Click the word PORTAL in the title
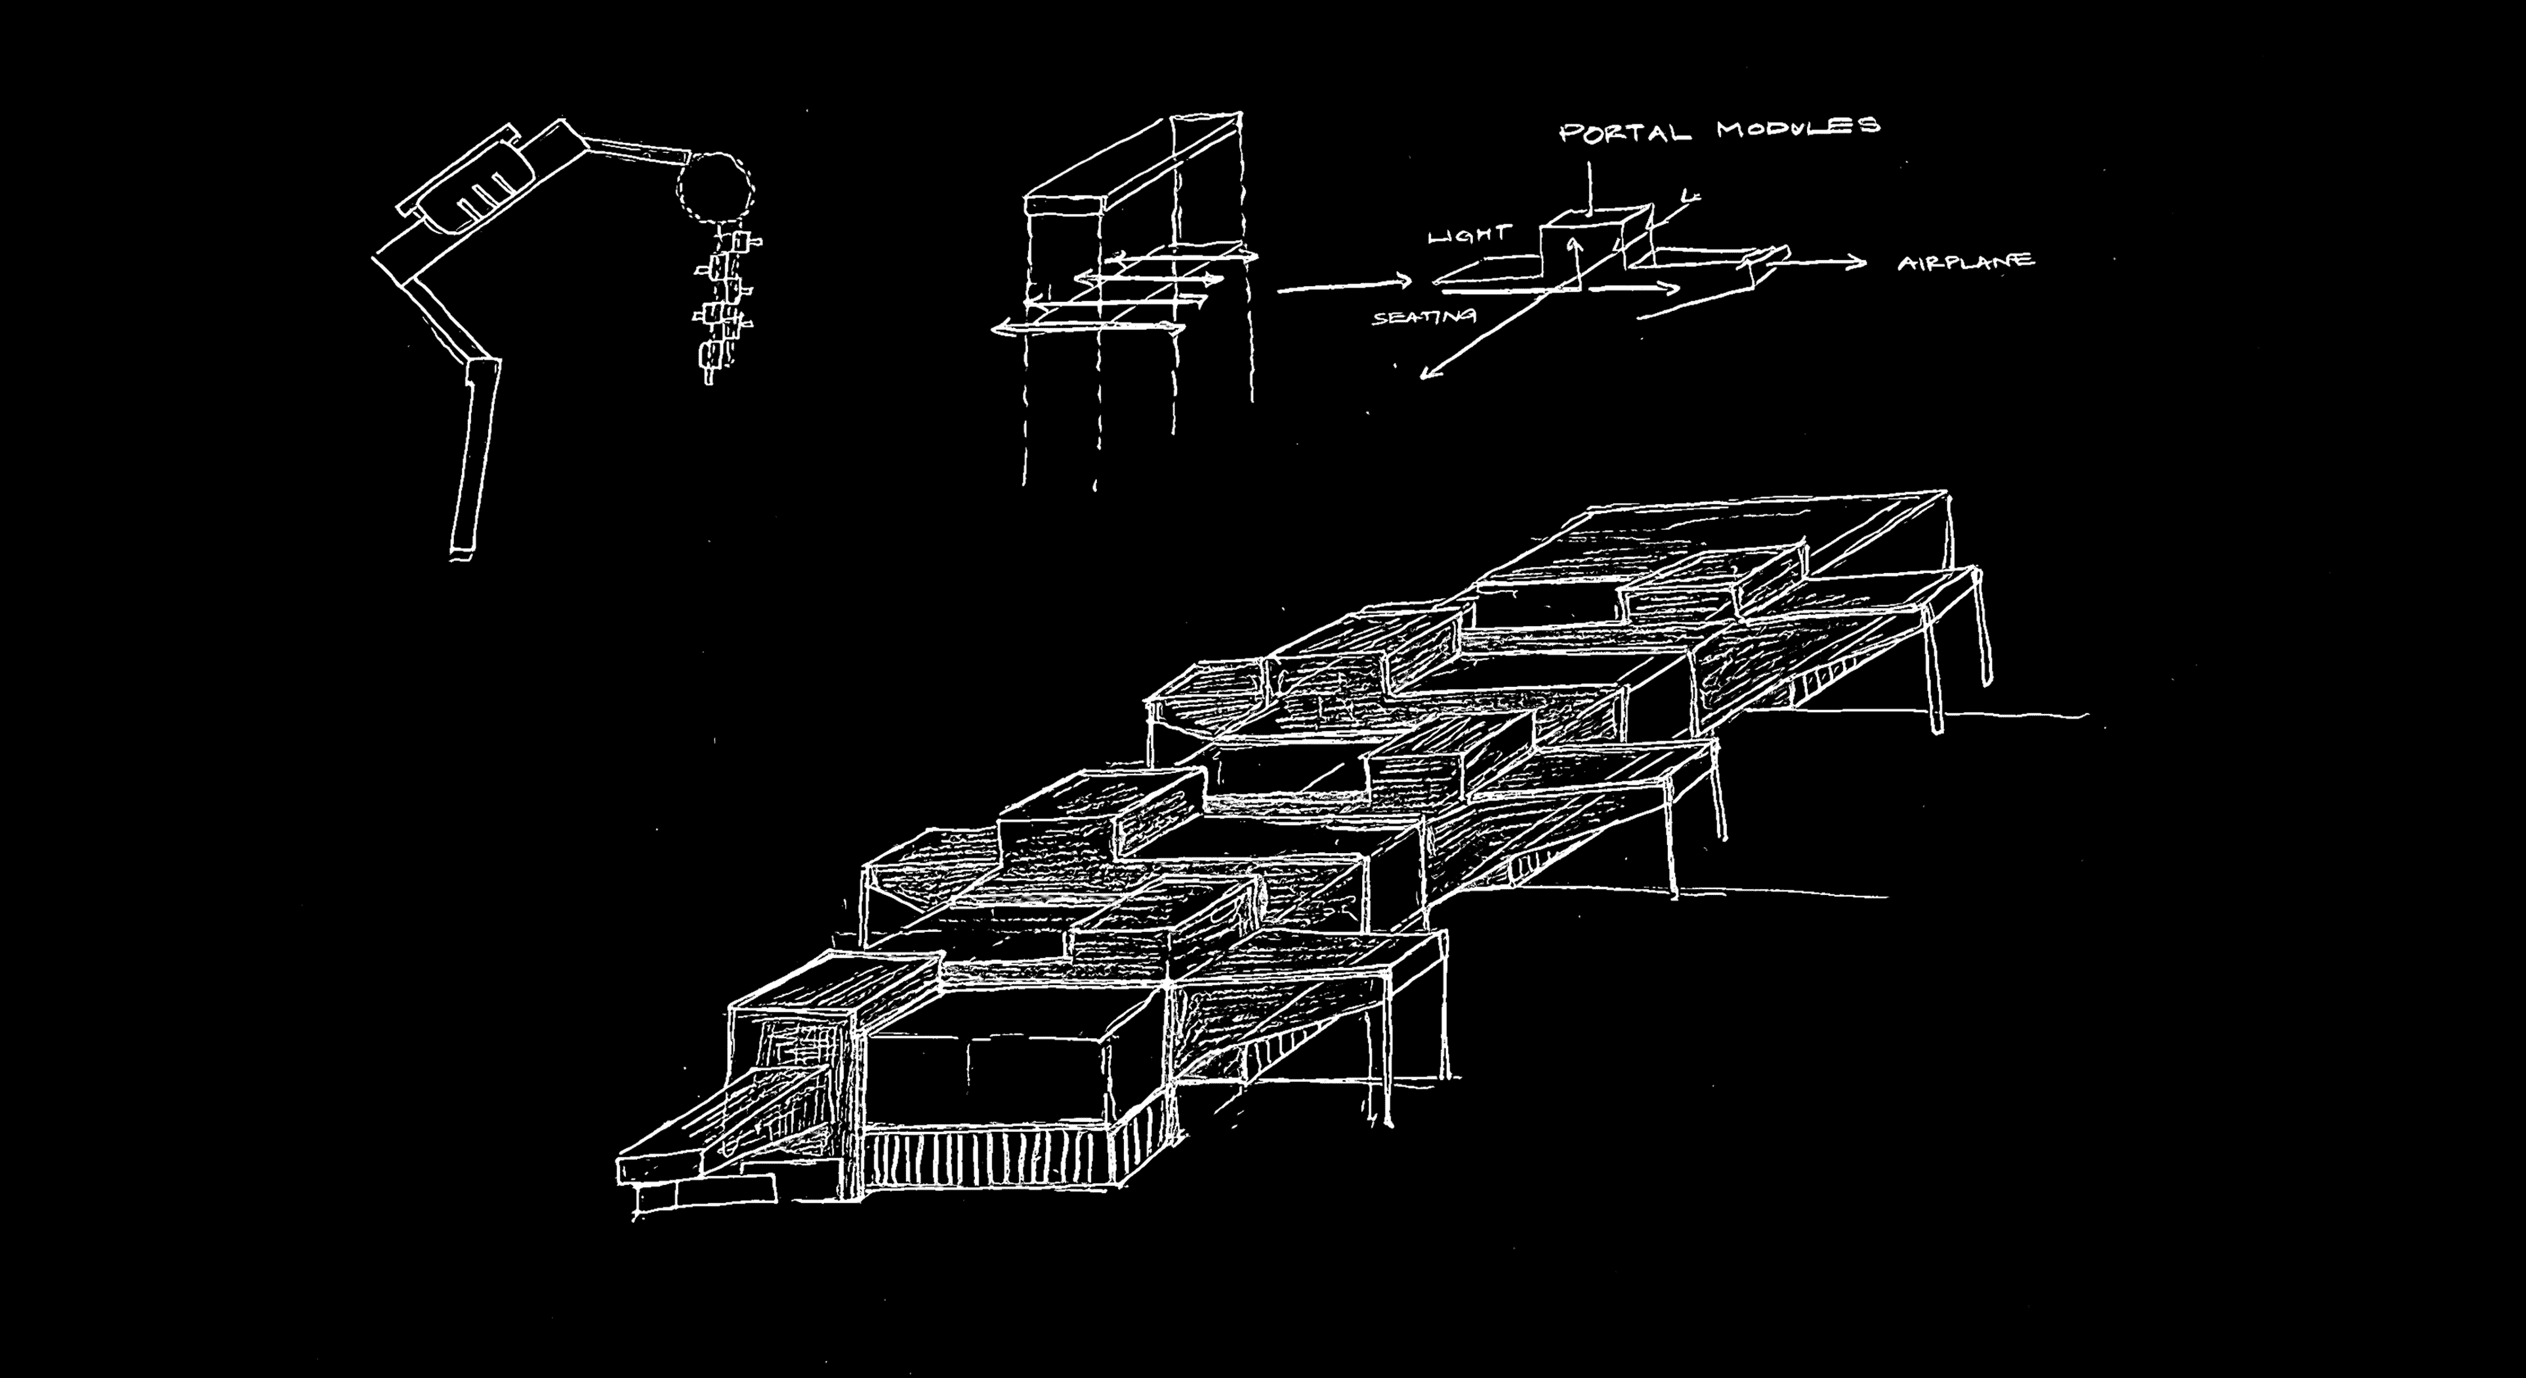(x=1625, y=133)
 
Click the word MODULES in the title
(x=1798, y=127)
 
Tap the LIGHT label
(x=1469, y=236)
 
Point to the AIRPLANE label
(x=1965, y=263)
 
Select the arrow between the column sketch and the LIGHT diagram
(x=1344, y=285)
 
